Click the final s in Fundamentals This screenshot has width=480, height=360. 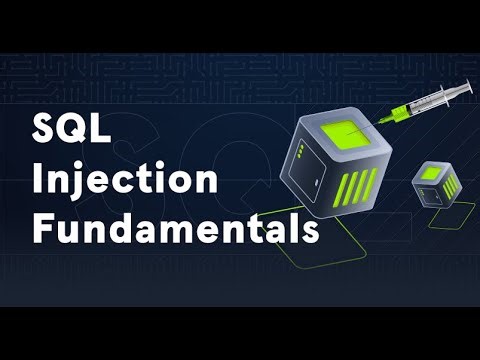[309, 231]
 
